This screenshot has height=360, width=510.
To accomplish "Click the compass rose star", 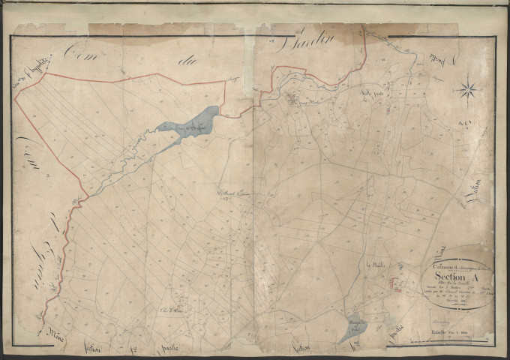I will click(x=469, y=91).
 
